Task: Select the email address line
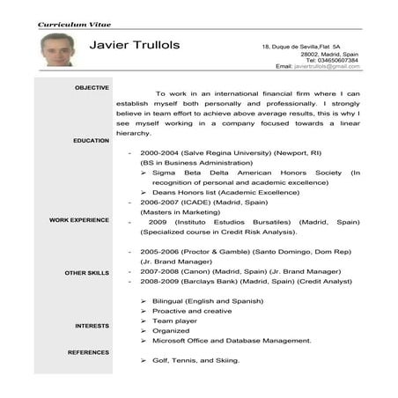(316, 66)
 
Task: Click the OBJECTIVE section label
(92, 87)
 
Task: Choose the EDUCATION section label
(92, 141)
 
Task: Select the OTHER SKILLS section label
(87, 273)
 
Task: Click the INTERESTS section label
(92, 326)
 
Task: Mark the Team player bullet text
(174, 322)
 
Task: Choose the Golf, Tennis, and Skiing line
(195, 361)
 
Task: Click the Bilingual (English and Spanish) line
(210, 301)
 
